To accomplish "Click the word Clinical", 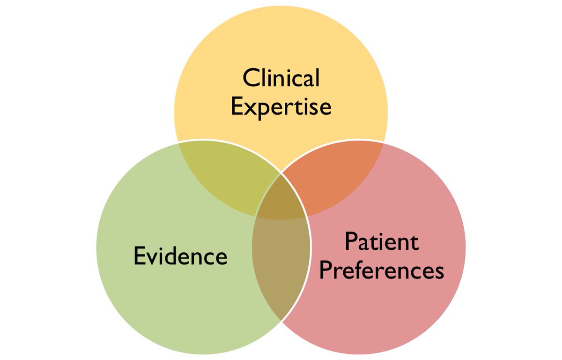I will tap(281, 78).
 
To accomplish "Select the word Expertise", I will tap(281, 107).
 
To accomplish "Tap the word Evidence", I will tap(180, 256).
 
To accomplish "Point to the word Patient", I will tap(381, 241).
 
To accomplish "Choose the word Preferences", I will tap(381, 270).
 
